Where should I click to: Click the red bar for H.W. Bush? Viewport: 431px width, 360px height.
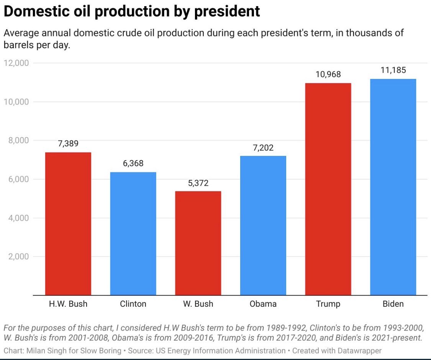pos(68,224)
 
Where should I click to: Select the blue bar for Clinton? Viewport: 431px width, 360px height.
pos(133,234)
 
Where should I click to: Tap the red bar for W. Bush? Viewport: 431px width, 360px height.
pos(198,243)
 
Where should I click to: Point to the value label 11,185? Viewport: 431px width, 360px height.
pos(393,70)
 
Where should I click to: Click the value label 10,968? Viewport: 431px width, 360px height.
pos(328,74)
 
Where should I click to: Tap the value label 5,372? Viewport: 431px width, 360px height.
pos(198,183)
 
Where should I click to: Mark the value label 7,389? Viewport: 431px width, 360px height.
pos(68,144)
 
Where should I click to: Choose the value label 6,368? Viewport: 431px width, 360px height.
pos(133,164)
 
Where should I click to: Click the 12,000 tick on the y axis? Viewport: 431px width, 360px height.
pos(16,63)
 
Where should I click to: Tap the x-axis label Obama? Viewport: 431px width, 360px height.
pos(263,304)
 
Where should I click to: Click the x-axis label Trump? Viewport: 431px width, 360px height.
pos(328,304)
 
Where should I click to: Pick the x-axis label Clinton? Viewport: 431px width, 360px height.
pos(133,304)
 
